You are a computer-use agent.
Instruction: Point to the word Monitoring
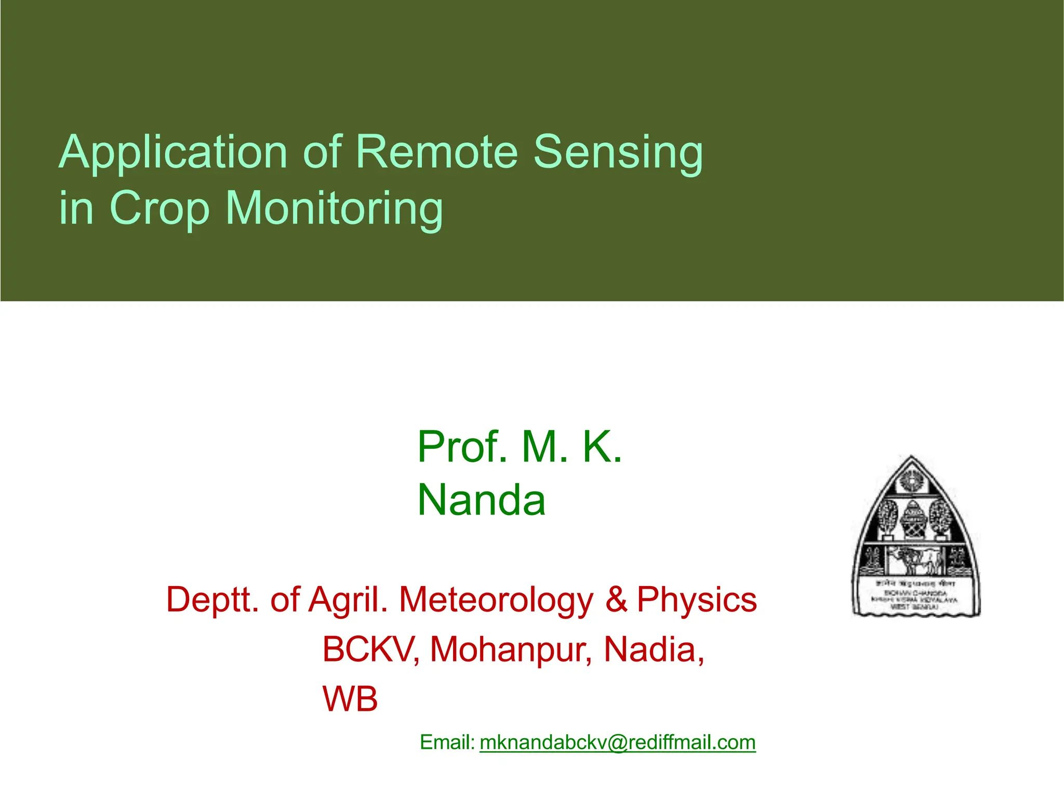tap(334, 208)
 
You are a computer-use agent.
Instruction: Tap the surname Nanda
tap(481, 500)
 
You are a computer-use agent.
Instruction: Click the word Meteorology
tap(496, 600)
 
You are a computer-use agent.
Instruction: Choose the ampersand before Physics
tap(616, 599)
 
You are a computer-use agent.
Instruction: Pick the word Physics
tap(697, 600)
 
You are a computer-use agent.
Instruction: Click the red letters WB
tap(350, 699)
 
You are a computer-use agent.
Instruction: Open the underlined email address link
tap(617, 742)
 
